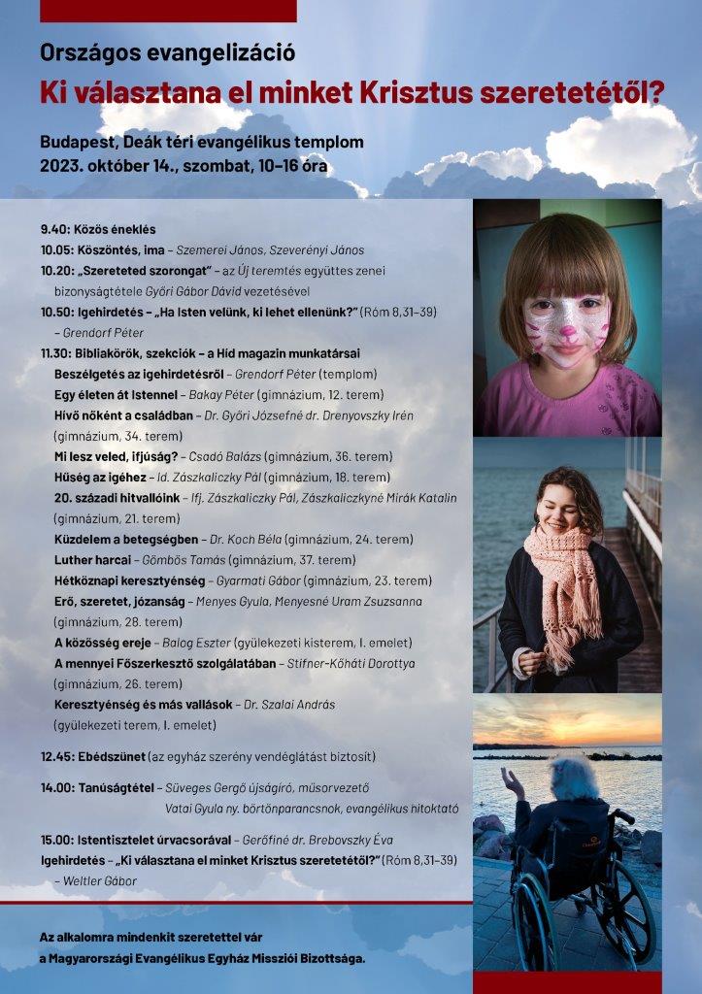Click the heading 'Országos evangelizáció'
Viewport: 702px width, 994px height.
[167, 52]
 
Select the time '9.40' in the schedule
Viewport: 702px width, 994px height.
[55, 229]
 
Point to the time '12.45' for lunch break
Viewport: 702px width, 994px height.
[59, 755]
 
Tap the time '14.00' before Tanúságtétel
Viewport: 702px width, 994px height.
[59, 786]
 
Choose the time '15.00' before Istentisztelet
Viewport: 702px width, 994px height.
[59, 839]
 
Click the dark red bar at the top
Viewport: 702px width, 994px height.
[168, 11]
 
